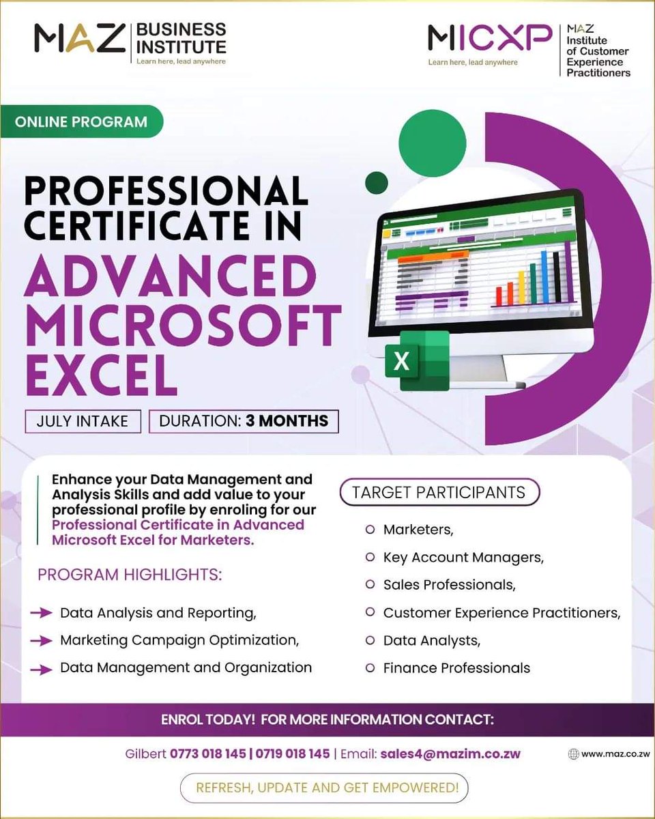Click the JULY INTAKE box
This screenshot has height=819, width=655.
tap(83, 420)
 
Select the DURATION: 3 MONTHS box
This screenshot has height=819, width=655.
tap(244, 420)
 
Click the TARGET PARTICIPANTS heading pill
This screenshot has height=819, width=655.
tap(439, 492)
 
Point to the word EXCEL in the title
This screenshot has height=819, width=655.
tap(100, 372)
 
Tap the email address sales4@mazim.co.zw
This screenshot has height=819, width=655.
tap(450, 754)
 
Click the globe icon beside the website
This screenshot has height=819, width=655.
tap(573, 754)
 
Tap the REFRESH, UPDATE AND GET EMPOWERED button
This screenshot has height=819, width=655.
tap(327, 788)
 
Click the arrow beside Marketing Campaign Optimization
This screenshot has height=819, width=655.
tap(42, 641)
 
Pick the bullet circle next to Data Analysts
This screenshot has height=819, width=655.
tap(370, 640)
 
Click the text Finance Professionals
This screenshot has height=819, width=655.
tap(456, 667)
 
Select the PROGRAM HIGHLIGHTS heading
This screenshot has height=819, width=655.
tap(130, 575)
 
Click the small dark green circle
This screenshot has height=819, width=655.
tap(377, 182)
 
